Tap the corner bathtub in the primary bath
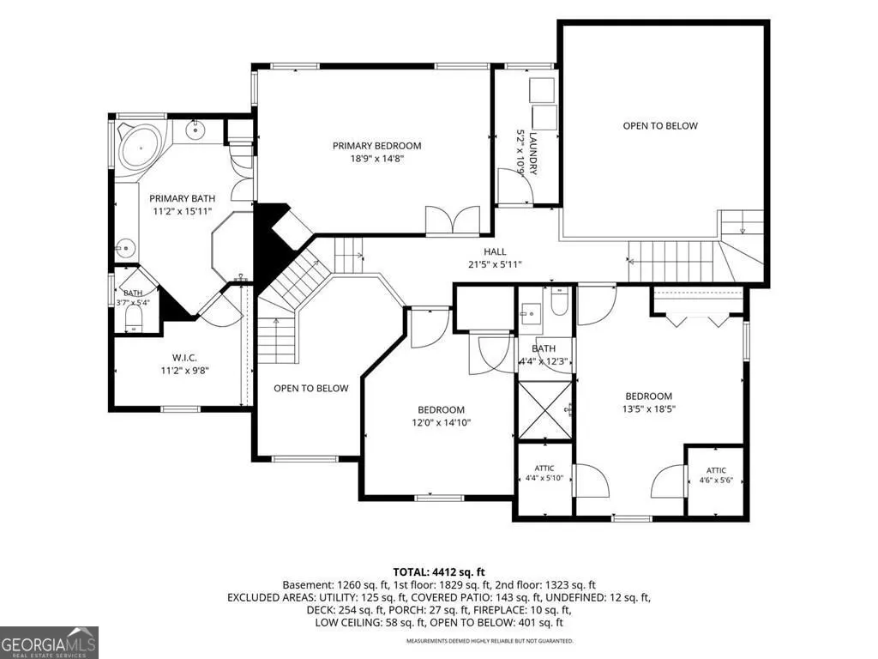[140, 147]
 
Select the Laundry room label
[533, 153]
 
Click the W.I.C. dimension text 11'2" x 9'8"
[185, 370]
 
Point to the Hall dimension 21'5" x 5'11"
[495, 264]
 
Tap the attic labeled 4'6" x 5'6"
[716, 480]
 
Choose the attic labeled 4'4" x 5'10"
[544, 478]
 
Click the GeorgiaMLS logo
[49, 642]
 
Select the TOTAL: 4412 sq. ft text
[439, 572]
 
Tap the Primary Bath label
[182, 198]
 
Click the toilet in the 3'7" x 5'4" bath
[133, 319]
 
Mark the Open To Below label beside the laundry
[660, 125]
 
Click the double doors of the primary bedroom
[453, 220]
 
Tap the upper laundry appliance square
[542, 89]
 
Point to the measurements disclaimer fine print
[490, 640]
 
